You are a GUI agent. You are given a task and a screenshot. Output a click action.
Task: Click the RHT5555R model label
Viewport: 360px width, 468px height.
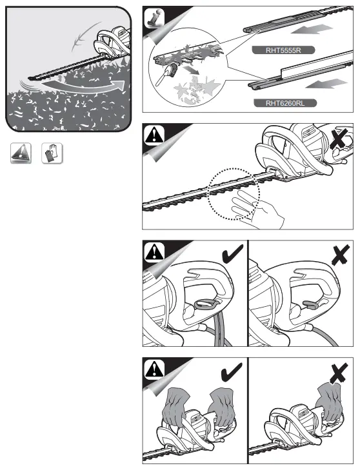click(x=283, y=50)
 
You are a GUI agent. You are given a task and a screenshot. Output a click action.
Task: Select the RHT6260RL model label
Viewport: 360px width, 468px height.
click(x=285, y=103)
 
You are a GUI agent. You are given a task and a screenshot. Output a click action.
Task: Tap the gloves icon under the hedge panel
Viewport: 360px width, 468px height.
click(x=52, y=153)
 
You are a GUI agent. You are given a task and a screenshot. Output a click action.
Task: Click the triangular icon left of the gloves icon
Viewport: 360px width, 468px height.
click(x=21, y=153)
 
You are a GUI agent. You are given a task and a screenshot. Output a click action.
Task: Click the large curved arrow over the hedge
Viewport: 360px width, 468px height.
click(x=84, y=86)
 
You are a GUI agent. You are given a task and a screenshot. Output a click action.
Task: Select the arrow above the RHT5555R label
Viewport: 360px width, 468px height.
click(x=312, y=29)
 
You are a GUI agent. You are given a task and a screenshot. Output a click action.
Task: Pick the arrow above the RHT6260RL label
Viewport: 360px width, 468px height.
click(x=326, y=84)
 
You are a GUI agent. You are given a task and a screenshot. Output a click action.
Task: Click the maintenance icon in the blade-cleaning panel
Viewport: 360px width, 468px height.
click(x=154, y=18)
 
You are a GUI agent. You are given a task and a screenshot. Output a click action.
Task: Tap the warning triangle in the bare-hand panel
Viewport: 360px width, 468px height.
click(x=154, y=135)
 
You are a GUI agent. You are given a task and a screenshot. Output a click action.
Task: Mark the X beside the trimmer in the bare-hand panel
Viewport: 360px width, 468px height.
click(x=339, y=138)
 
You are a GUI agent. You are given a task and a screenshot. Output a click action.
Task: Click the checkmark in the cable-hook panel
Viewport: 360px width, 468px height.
click(x=232, y=254)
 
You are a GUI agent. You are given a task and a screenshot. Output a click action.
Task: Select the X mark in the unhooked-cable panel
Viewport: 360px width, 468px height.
click(x=341, y=254)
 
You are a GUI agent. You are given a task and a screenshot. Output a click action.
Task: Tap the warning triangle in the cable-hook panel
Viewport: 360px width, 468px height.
click(x=154, y=252)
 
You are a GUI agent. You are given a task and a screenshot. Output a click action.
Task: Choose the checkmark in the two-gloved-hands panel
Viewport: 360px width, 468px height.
click(x=232, y=371)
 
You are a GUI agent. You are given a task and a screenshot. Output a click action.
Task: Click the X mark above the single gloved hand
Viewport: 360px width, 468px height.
click(x=339, y=373)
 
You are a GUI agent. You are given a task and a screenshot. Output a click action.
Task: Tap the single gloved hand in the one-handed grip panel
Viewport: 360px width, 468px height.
click(x=329, y=402)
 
